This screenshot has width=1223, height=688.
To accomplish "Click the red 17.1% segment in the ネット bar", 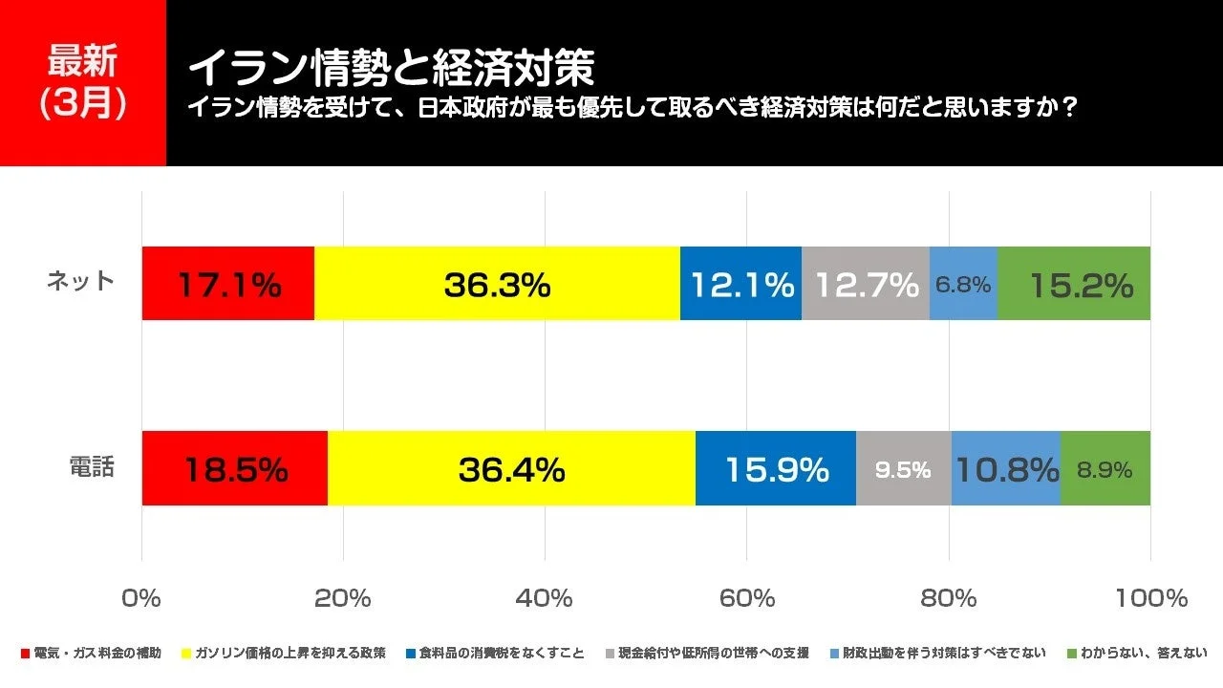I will point(227,284).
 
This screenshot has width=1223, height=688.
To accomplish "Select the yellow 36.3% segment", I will point(497,284).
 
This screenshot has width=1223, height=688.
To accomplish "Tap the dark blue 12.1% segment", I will point(740,284).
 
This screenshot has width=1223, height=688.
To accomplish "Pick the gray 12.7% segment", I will point(866,284).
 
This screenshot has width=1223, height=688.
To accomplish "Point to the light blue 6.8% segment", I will point(963,284).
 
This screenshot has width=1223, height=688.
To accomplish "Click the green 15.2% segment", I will point(1074,284).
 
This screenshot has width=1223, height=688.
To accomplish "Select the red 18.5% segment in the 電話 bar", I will point(234,468).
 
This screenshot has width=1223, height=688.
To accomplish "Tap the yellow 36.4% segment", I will point(511,468).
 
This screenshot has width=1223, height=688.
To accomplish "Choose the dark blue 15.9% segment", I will point(776,468).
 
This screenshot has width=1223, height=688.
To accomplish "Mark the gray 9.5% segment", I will point(904,468).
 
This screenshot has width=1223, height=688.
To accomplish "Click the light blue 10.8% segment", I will point(1006,468).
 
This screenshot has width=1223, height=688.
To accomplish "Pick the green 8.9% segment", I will point(1105,468).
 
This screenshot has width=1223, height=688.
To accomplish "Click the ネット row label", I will point(80,282).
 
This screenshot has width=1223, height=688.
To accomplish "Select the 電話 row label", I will point(91,467).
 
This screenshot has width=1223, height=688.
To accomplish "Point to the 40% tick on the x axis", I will point(545,599).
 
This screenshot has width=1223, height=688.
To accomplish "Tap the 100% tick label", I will point(1149,599).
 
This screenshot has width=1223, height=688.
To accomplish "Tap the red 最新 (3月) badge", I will point(83,83).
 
